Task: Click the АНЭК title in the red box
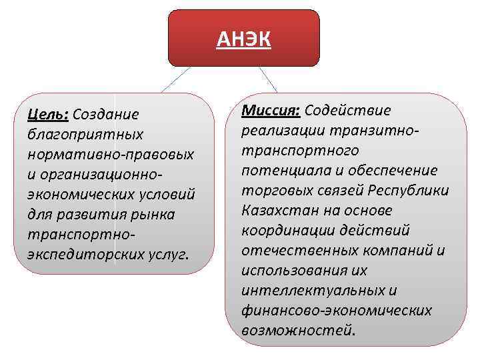[x=244, y=41]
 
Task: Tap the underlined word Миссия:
[x=270, y=110]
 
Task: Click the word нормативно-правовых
[x=111, y=155]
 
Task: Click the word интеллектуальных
[x=315, y=291]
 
